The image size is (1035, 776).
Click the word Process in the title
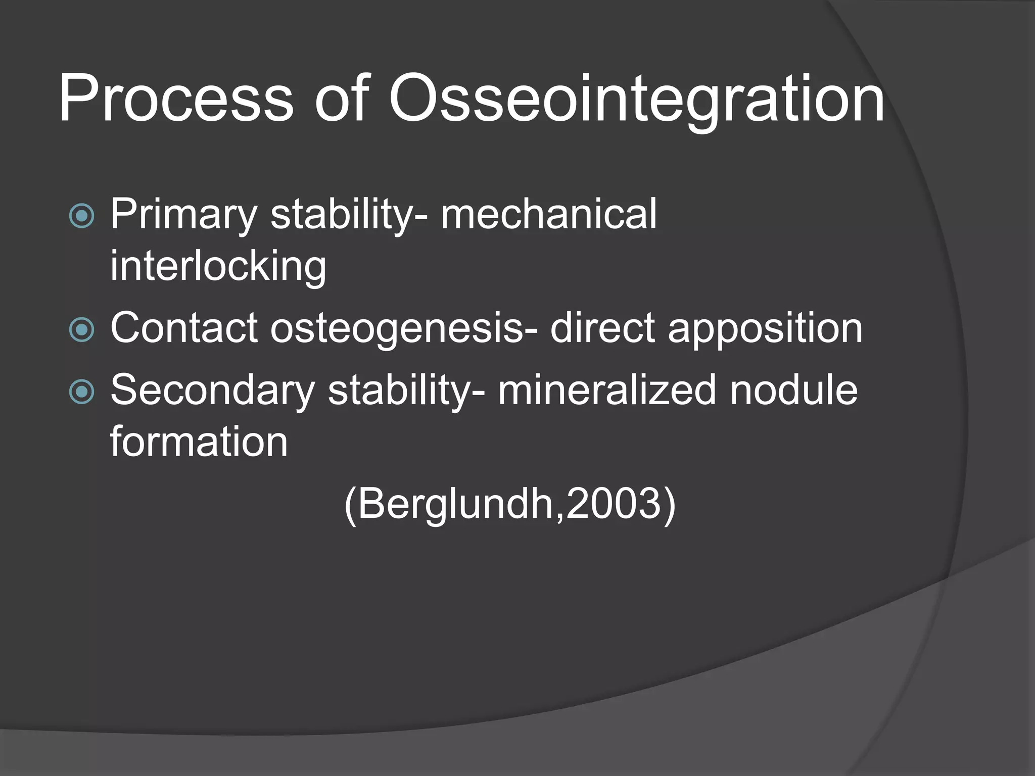click(x=175, y=99)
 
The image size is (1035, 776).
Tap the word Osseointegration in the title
click(x=636, y=99)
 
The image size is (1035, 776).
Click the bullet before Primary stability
click(x=81, y=216)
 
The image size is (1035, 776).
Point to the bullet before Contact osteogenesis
click(x=81, y=330)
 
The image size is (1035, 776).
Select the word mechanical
click(x=548, y=214)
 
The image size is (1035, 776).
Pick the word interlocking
click(x=218, y=266)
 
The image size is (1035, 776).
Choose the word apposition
click(x=765, y=329)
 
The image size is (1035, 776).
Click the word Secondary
click(x=212, y=390)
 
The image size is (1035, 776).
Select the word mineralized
click(x=607, y=390)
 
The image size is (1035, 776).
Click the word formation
click(x=199, y=442)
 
